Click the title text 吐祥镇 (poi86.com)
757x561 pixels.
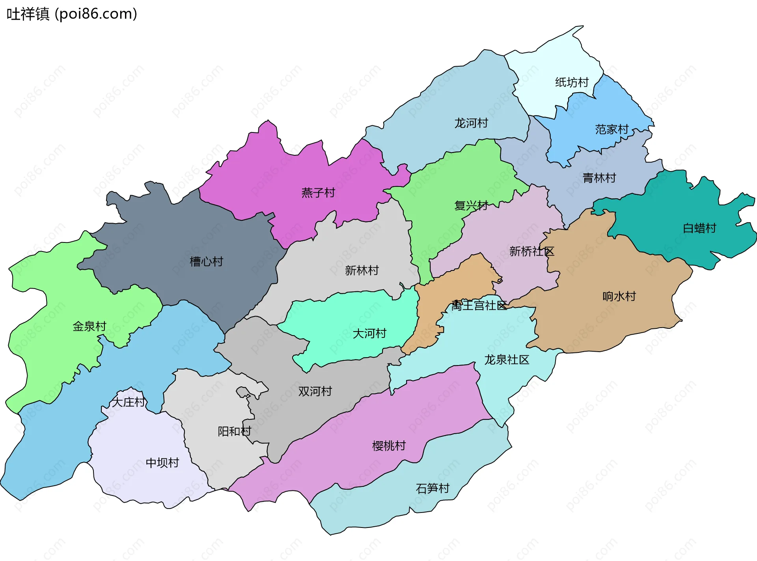(x=72, y=14)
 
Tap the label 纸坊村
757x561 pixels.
(x=572, y=82)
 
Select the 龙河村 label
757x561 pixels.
(x=471, y=123)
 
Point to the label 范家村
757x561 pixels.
(x=612, y=129)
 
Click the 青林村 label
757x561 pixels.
(x=599, y=178)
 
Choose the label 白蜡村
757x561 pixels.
(x=699, y=228)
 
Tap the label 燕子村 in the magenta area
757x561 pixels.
(x=318, y=192)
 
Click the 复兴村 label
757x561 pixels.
(x=471, y=205)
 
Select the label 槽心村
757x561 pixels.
(x=206, y=261)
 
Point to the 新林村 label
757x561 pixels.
(x=362, y=270)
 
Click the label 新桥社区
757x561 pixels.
(x=531, y=251)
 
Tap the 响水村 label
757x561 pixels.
(x=619, y=296)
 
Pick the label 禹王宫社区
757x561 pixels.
(x=479, y=305)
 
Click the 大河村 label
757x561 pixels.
(x=369, y=333)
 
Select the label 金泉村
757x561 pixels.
(x=89, y=326)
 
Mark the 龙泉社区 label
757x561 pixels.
(x=507, y=360)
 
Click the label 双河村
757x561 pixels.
(x=315, y=391)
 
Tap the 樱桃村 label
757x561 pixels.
(x=389, y=445)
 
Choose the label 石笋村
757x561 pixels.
(x=433, y=488)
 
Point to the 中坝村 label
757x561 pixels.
(x=162, y=462)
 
